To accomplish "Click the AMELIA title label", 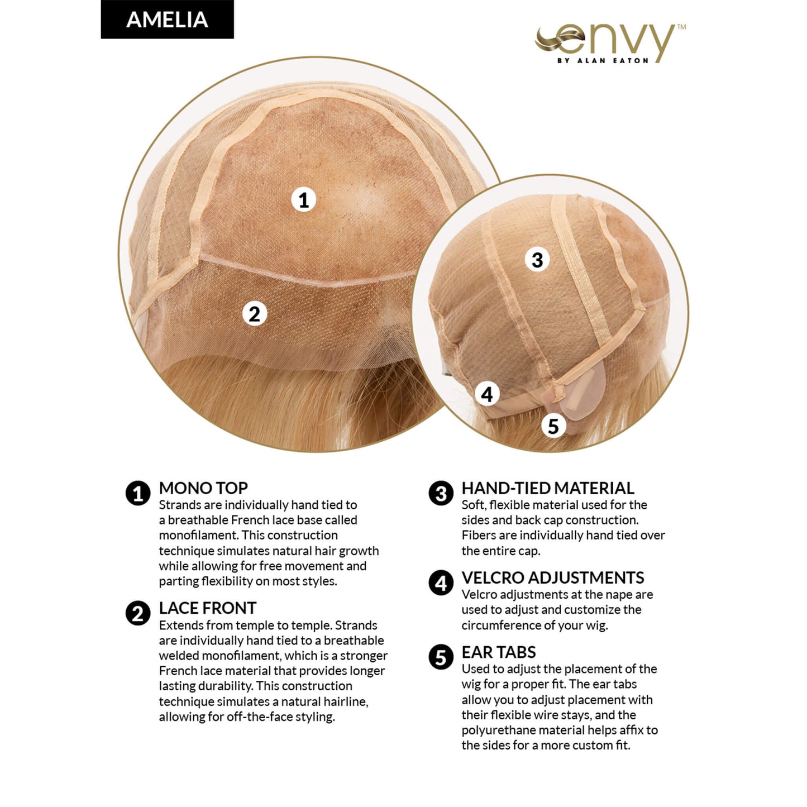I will [x=167, y=20].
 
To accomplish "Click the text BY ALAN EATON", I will [x=603, y=60].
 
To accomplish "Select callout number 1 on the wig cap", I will [x=303, y=199].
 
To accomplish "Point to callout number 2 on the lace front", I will [x=254, y=313].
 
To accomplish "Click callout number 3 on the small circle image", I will [x=537, y=260].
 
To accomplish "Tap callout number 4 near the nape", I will [x=487, y=394].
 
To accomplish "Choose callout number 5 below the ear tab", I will [x=553, y=426].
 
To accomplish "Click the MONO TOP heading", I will [x=203, y=488].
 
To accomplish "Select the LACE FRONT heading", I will [x=207, y=608].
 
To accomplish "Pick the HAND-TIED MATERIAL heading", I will [x=547, y=488].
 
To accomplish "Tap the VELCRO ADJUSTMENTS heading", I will [x=552, y=577].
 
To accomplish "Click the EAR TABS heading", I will [x=498, y=652].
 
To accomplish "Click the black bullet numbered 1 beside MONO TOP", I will [x=138, y=494].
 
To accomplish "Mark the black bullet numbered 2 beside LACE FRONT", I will [x=138, y=614].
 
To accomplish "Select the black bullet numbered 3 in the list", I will [x=441, y=494].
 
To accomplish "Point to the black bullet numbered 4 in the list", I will [x=441, y=583].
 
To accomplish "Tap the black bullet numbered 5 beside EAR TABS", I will [x=441, y=657].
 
